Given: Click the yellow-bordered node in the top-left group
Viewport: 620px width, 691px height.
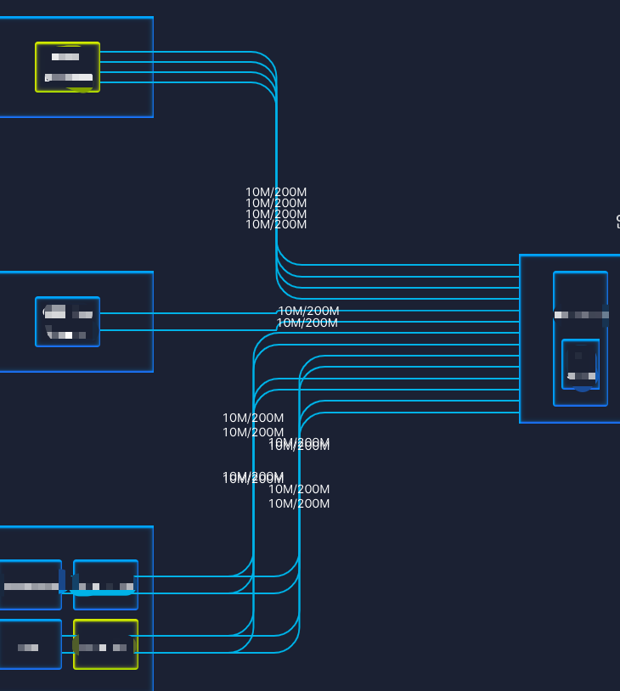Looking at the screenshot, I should point(67,67).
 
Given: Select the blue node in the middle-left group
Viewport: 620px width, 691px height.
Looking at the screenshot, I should point(67,322).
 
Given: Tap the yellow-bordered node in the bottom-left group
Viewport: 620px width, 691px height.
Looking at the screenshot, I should point(105,644).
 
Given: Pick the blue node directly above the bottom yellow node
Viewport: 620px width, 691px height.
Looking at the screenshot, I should point(105,584).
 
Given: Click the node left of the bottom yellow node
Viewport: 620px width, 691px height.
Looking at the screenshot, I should point(30,644).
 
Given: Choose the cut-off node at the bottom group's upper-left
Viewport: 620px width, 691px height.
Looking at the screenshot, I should point(30,584).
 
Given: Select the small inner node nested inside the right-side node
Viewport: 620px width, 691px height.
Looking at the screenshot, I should point(581,363).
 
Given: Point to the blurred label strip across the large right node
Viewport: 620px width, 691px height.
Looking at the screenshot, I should point(581,315).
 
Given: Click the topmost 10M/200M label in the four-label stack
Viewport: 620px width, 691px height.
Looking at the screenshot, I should point(276,192).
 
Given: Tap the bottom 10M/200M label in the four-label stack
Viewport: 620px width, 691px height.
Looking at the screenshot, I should point(276,225).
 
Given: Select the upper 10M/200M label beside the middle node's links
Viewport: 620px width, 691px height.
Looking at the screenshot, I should point(309,311).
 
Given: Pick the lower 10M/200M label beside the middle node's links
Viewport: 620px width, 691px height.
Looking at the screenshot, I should point(307,323).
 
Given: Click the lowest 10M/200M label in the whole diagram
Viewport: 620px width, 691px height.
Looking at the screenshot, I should point(299,504).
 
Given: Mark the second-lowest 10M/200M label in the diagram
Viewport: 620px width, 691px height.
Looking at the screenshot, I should point(299,490).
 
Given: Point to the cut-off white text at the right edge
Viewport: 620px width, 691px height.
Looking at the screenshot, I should point(617,222).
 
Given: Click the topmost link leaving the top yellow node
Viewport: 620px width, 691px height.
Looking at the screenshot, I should point(187,52).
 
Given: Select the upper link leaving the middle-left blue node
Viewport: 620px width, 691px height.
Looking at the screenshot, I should point(187,313).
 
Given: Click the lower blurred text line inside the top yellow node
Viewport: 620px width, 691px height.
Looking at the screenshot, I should point(69,77).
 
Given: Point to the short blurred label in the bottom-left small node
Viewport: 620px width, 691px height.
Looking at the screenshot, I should point(29,648).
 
